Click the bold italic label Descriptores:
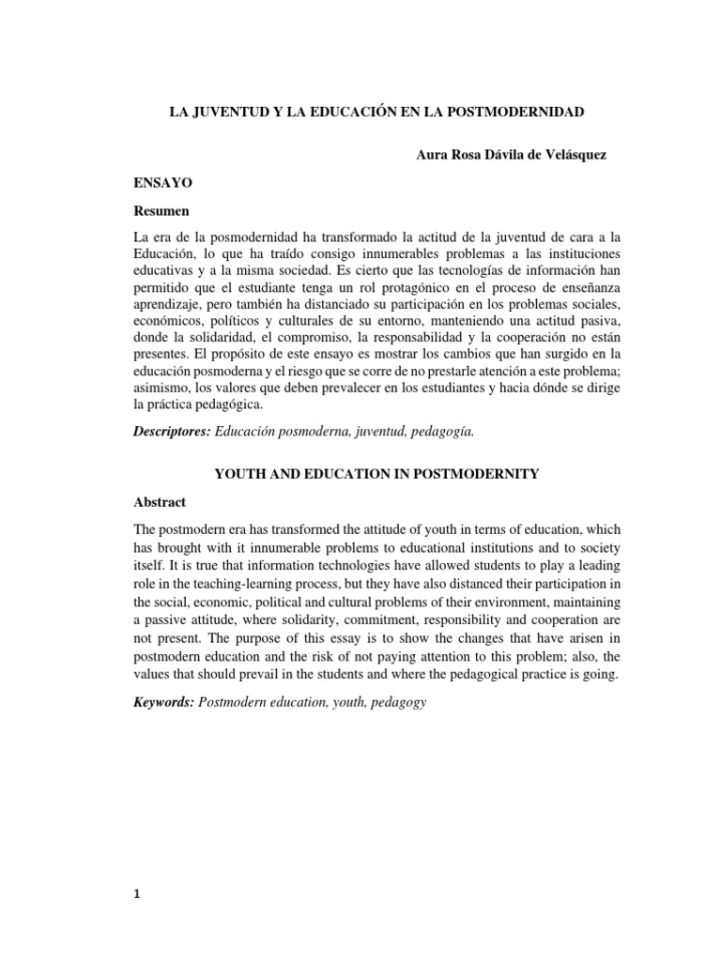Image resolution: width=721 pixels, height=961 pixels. (x=174, y=432)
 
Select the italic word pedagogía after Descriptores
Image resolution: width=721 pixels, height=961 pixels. (x=442, y=432)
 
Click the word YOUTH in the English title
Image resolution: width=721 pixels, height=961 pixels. (x=238, y=474)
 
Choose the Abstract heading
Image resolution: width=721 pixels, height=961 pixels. (x=161, y=502)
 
